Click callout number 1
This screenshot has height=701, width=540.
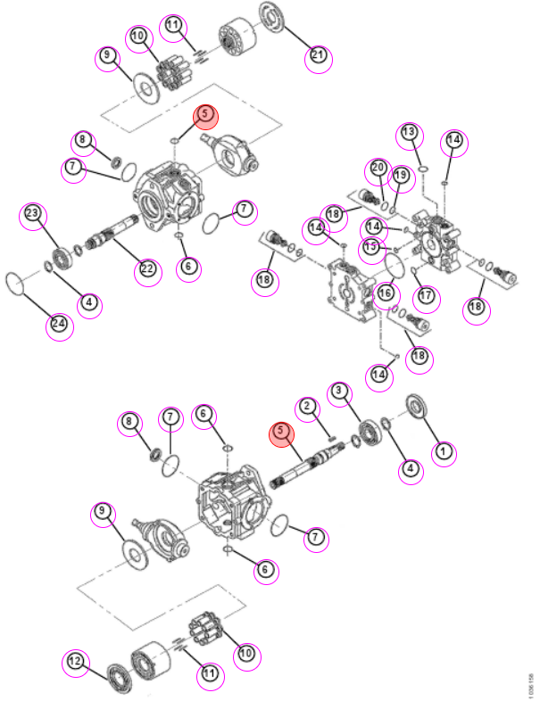444,452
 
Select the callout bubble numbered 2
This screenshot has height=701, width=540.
307,408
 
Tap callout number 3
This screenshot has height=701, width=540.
339,392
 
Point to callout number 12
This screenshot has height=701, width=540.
75,663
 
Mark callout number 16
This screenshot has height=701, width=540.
386,295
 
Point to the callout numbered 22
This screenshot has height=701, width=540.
147,271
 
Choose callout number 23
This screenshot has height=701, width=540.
33,215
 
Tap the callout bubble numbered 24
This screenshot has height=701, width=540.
60,326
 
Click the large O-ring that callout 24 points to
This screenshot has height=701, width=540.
14,284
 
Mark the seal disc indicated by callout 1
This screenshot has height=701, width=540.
417,407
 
